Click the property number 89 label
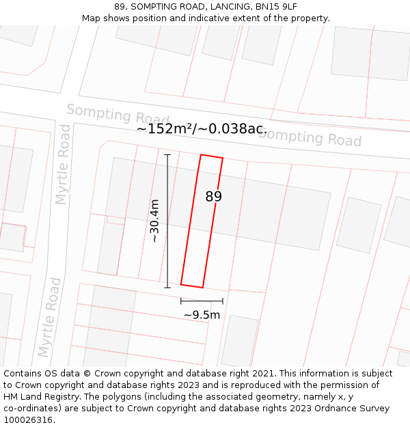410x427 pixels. click(x=214, y=197)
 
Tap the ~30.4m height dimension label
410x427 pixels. click(x=155, y=221)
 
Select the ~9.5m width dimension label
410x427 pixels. click(x=202, y=315)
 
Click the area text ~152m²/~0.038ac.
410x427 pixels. click(x=202, y=128)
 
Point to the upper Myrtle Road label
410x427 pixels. click(x=63, y=164)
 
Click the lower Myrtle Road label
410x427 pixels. click(x=49, y=317)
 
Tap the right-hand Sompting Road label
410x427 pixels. click(x=310, y=137)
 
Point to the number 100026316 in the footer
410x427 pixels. click(x=27, y=420)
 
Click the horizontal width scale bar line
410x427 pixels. click(x=202, y=301)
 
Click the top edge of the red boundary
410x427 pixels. click(x=212, y=156)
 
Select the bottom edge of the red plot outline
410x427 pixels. click(x=192, y=286)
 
